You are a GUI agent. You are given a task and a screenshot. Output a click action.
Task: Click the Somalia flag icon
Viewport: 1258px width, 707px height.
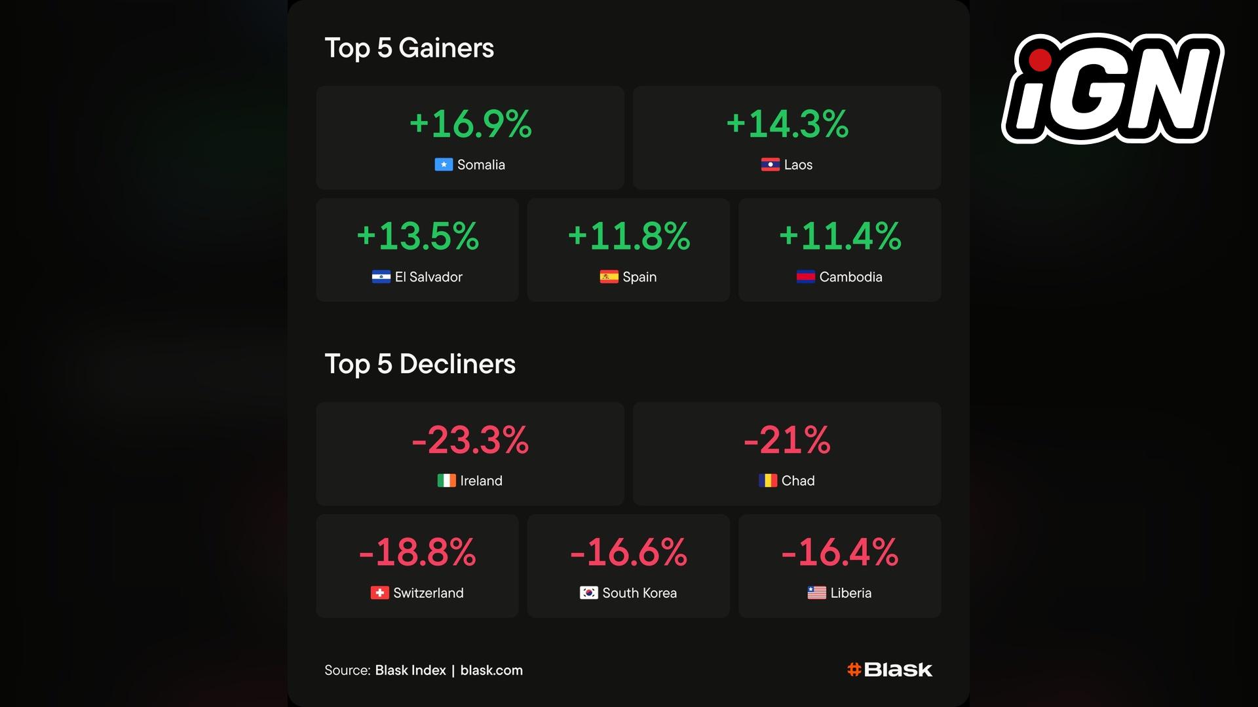coord(444,165)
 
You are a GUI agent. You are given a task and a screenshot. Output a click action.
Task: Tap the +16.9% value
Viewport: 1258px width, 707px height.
coord(470,124)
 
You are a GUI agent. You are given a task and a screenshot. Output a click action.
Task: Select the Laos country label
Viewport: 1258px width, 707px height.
coord(798,165)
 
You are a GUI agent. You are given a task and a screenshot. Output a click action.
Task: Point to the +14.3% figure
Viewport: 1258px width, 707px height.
coord(787,124)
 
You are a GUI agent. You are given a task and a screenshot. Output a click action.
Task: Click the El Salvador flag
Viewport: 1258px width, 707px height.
coord(381,277)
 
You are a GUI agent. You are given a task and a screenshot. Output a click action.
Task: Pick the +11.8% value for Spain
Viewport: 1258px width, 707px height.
coord(628,236)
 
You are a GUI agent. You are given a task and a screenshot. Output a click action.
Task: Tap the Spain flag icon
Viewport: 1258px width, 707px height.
coord(609,277)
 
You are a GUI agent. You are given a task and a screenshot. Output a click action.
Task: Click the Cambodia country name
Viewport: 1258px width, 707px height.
coord(850,277)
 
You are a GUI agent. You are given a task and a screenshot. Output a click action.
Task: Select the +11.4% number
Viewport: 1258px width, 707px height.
coord(839,236)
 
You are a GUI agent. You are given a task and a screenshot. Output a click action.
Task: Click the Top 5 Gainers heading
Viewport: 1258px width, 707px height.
coord(410,48)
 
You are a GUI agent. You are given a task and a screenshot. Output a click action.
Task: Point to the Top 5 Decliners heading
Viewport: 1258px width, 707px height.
coord(420,364)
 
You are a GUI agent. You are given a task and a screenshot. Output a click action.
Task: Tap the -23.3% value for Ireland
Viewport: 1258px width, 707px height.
coord(470,440)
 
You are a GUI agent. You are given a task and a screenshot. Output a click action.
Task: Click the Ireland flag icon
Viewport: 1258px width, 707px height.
coord(446,481)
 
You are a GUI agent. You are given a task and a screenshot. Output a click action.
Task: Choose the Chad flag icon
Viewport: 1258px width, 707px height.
coord(768,481)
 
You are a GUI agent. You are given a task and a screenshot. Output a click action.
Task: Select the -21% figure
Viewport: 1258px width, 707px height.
coord(787,440)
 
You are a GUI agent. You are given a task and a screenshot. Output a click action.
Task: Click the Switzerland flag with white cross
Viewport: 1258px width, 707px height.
coord(379,593)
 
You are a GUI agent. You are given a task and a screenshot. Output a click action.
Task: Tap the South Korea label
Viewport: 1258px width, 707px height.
coord(639,593)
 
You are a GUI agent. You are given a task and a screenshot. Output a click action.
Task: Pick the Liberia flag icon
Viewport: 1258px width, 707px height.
coord(816,593)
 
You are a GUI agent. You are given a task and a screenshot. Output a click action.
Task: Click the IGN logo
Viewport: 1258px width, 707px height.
coord(1113,88)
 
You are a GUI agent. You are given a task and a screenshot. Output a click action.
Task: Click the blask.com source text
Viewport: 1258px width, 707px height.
coord(491,670)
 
